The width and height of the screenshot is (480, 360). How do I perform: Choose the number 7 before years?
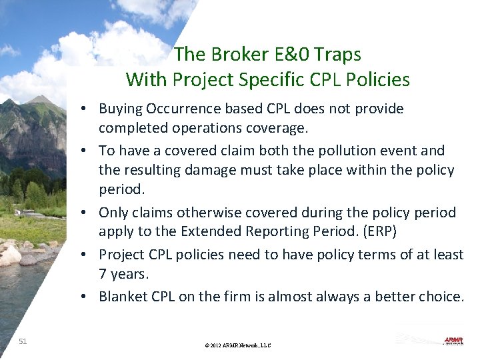(103, 274)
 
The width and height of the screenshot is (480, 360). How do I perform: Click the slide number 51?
(23, 341)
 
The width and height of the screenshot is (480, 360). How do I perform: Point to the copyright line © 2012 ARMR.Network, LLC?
(238, 345)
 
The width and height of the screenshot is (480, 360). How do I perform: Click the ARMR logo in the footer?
(453, 340)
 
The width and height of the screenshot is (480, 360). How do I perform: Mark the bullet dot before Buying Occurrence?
(88, 109)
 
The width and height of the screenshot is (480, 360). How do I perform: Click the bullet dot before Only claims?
(88, 213)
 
